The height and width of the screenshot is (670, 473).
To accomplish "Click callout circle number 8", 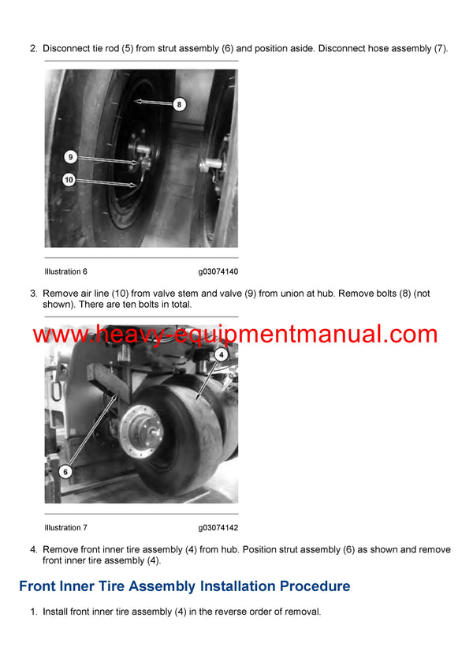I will [179, 103].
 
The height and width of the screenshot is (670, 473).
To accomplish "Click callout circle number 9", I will [70, 157].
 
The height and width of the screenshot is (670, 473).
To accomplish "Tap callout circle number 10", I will [69, 180].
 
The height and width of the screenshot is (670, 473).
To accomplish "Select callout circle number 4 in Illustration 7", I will [222, 355].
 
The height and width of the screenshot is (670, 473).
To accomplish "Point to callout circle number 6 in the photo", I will [66, 471].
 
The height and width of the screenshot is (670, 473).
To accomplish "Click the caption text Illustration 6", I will [65, 271].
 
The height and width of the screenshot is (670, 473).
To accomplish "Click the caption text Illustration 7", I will [65, 527].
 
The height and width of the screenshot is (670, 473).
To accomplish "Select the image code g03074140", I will [218, 271].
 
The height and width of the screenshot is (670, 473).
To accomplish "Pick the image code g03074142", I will [218, 527].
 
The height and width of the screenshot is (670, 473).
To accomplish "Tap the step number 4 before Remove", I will [33, 549].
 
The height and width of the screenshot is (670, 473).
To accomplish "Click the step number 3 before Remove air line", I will [33, 294].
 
